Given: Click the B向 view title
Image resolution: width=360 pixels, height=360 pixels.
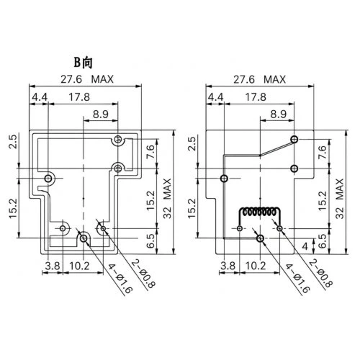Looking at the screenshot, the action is tap(83, 63).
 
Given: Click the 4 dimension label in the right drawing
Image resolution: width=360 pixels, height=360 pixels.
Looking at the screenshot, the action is tap(305, 246).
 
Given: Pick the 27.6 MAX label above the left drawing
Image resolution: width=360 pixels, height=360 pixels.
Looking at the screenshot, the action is tap(87, 79).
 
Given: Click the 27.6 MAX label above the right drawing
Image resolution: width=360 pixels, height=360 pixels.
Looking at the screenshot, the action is tap(260, 79).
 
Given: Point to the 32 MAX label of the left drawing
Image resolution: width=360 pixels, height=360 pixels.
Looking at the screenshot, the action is tap(167, 198).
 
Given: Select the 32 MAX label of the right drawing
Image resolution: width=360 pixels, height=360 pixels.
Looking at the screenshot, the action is tap(340, 198).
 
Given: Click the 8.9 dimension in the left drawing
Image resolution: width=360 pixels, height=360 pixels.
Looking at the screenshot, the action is tap(101, 114).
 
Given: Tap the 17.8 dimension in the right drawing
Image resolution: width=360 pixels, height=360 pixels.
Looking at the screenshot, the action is tap(256, 97).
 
